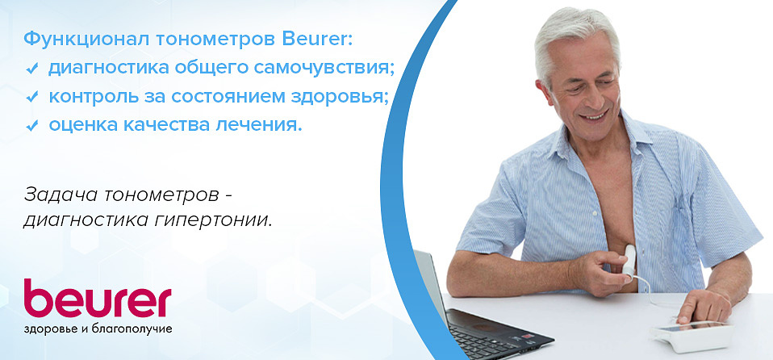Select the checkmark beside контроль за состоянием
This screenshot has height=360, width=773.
pos(33,97)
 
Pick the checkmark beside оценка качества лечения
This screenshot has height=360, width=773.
pos(33,126)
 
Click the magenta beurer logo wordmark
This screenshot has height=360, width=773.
pos(98,300)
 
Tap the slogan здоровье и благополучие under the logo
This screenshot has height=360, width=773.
pos(98,331)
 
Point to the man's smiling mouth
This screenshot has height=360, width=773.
pos(596,115)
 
